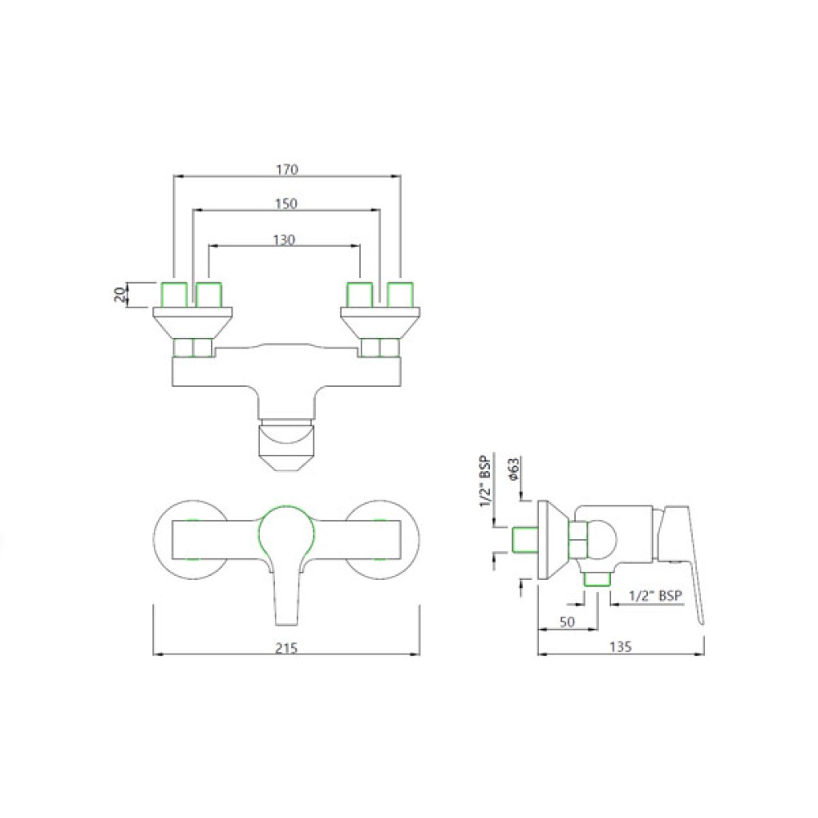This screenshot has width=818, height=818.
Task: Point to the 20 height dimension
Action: coord(119,294)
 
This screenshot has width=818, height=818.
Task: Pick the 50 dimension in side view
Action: coord(567,622)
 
